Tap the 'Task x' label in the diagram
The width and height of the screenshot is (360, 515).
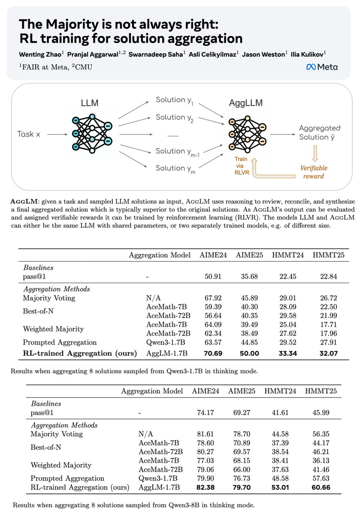[x=29, y=134]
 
